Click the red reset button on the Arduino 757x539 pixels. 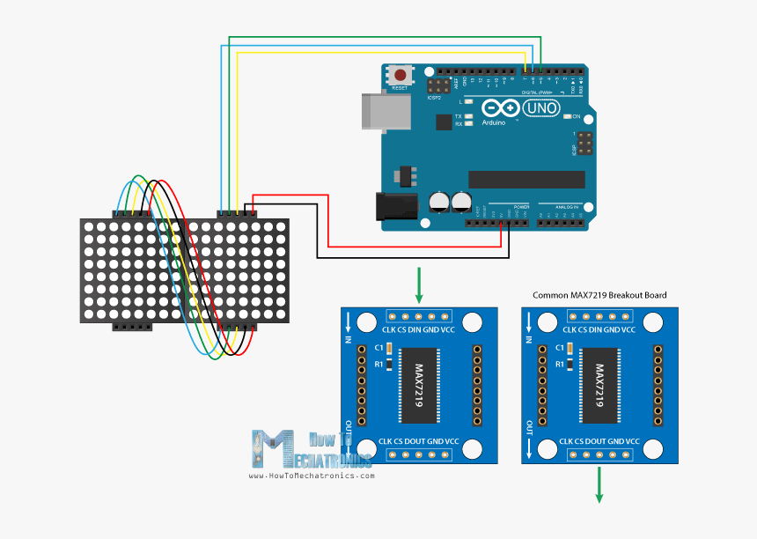coord(401,77)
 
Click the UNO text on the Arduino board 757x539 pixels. coord(540,108)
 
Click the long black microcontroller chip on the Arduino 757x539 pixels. coord(526,179)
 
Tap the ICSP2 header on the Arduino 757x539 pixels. coord(437,86)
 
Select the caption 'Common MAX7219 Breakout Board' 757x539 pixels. coord(599,296)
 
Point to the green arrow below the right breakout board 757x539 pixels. coord(599,484)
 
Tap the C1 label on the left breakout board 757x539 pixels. coord(378,347)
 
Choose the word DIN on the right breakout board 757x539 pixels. coord(600,329)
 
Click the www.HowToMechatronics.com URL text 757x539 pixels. coord(312,476)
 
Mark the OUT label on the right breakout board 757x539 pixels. coord(529,428)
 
